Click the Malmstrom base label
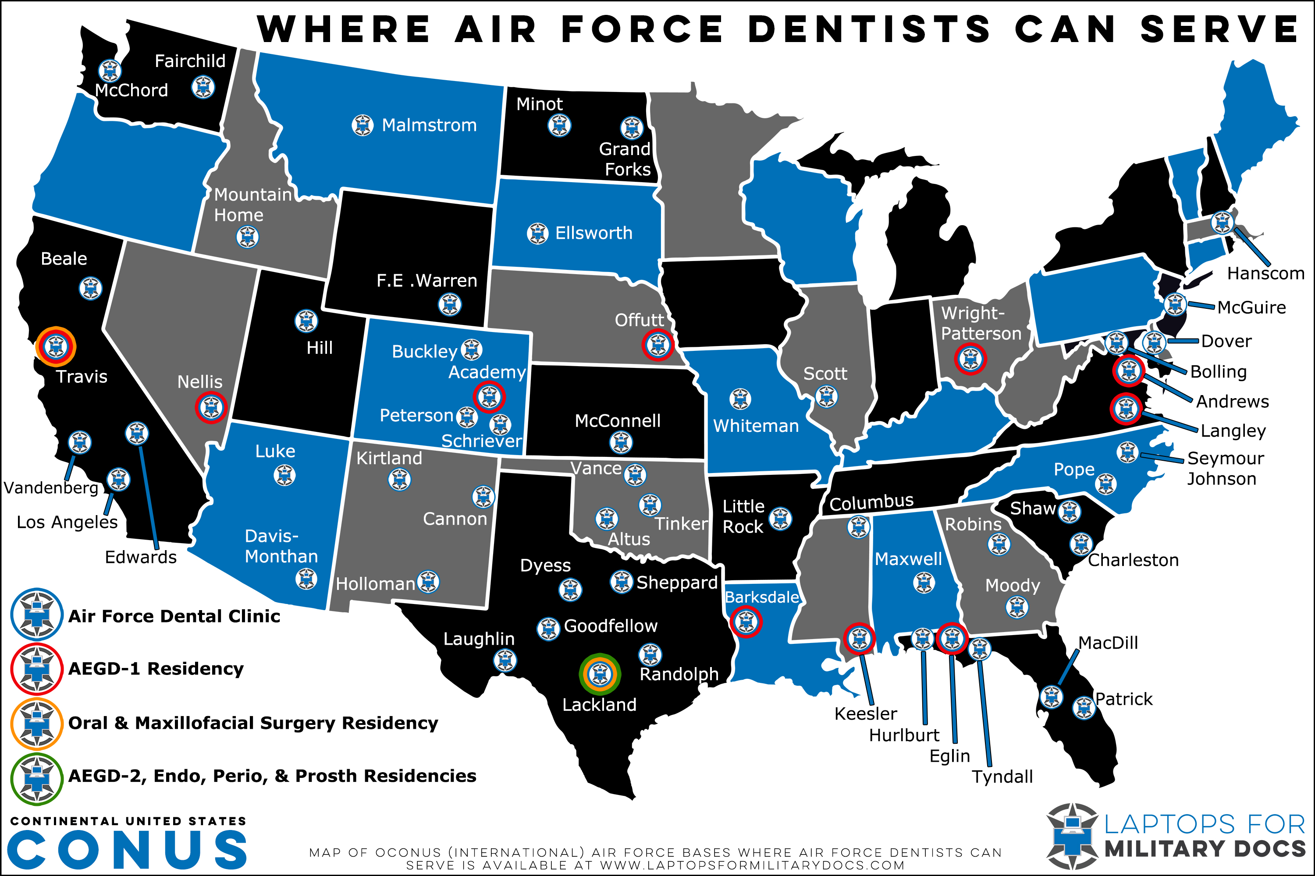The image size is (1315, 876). [429, 125]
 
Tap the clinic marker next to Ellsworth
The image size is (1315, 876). [537, 233]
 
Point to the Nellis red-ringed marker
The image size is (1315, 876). [211, 407]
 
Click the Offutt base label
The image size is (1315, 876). [639, 320]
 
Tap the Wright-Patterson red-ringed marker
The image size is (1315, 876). [970, 358]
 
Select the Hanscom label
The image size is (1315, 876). [1265, 274]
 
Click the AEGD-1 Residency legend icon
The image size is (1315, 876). [37, 669]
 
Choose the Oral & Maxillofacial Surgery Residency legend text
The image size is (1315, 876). [253, 723]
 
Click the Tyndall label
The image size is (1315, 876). [1002, 777]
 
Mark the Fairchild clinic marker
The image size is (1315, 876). [203, 87]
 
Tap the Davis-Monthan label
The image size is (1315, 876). [281, 546]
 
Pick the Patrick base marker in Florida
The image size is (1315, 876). [1084, 708]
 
